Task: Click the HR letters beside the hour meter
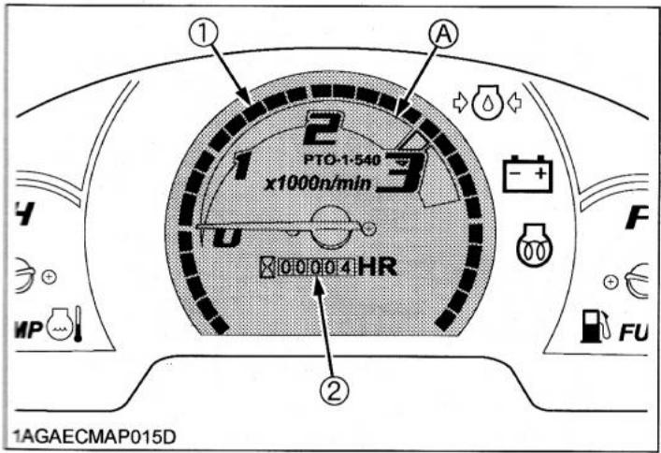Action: pos(378,268)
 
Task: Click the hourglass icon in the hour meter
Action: pos(268,270)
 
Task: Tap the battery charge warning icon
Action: pos(528,175)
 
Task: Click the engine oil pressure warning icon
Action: pos(484,100)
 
